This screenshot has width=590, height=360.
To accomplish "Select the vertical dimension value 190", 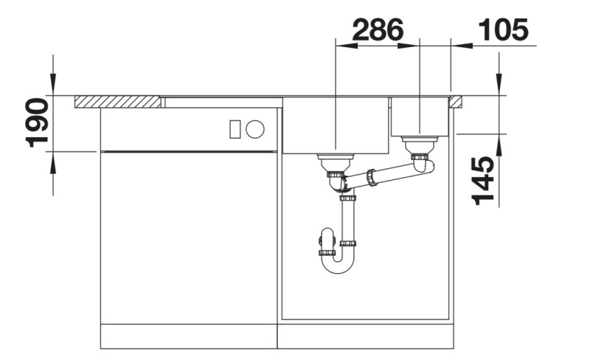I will point(38,122).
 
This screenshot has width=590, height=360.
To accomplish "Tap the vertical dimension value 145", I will point(482,181).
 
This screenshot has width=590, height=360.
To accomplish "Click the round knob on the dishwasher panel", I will point(255,129).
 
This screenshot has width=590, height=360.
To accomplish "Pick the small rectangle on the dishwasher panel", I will point(235,129).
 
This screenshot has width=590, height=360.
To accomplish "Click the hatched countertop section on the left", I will point(118,102).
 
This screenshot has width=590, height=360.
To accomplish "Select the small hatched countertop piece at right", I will point(456,101).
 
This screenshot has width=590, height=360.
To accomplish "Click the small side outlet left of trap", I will point(324,240).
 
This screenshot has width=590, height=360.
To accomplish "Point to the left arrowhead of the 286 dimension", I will point(345,46).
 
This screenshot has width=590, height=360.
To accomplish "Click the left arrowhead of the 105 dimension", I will point(460,46).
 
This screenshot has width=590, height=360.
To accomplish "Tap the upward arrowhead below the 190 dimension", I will point(52,159).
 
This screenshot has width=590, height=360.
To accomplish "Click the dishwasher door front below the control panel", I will point(189,236).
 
